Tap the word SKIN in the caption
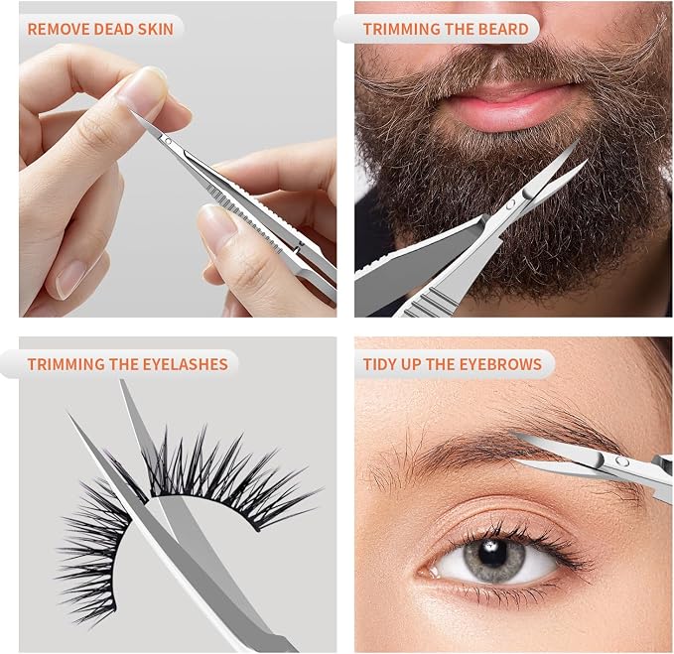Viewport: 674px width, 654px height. point(156,29)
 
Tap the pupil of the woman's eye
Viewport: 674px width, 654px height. point(492,555)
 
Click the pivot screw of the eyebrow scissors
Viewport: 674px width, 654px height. point(621,461)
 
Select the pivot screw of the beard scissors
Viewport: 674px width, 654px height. point(511,204)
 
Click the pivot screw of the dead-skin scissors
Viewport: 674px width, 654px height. point(168,141)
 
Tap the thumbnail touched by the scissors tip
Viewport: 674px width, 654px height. point(143,92)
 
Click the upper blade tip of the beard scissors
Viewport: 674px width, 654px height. point(577,142)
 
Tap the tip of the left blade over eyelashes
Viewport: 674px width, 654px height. point(67,413)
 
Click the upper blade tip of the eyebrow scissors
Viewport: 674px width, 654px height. point(510,431)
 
